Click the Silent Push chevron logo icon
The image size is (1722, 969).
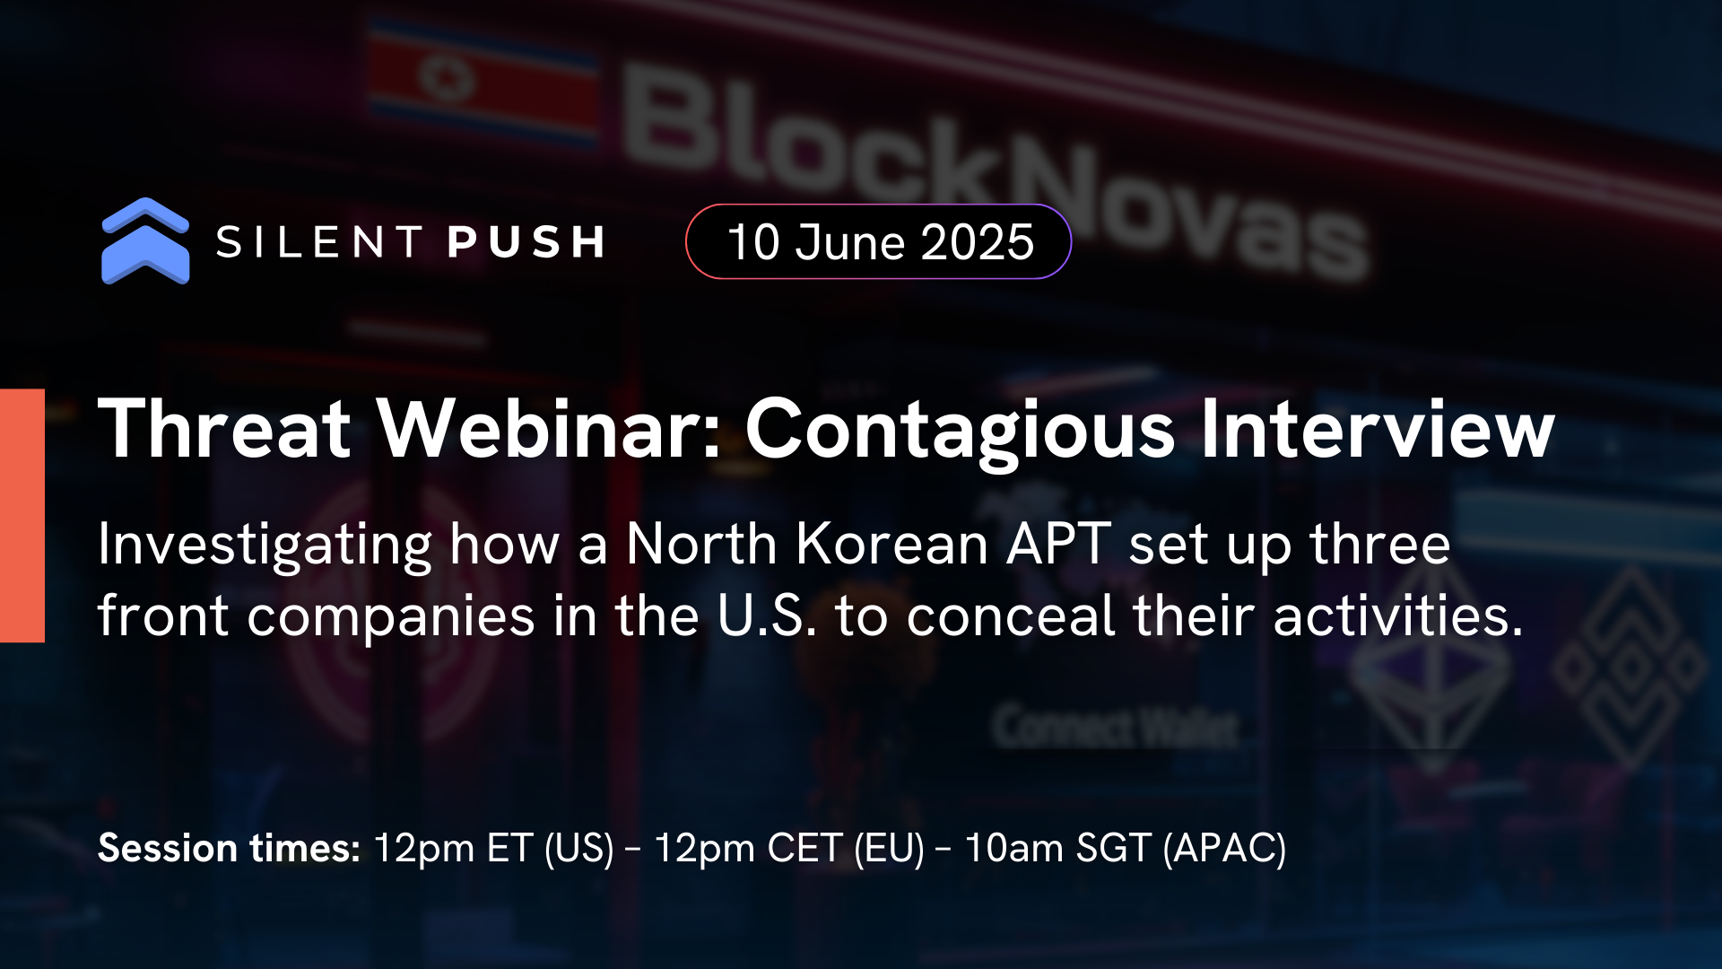(x=145, y=240)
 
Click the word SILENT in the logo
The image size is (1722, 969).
(x=319, y=242)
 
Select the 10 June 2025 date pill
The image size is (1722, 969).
(x=879, y=242)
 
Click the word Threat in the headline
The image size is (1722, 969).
(x=224, y=429)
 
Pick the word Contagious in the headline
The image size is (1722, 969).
(x=960, y=429)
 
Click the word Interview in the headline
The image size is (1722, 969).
(x=1377, y=429)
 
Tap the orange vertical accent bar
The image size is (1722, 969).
(x=22, y=516)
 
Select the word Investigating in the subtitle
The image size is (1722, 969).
(x=265, y=545)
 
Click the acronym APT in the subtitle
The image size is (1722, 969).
(x=1058, y=545)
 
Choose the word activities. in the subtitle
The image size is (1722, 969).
(x=1398, y=616)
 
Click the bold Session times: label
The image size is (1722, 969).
(x=229, y=848)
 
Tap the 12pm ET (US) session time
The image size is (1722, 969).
(x=493, y=848)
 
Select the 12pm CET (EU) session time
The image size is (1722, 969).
(x=789, y=848)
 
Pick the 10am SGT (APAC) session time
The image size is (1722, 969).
(x=1126, y=848)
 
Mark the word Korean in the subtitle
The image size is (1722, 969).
(x=892, y=545)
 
